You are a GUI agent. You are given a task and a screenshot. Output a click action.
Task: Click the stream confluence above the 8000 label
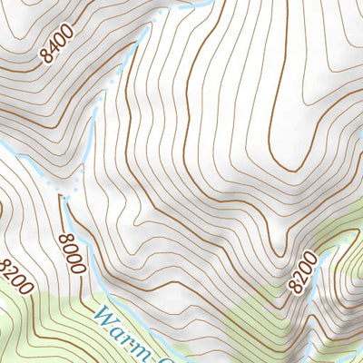65,193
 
